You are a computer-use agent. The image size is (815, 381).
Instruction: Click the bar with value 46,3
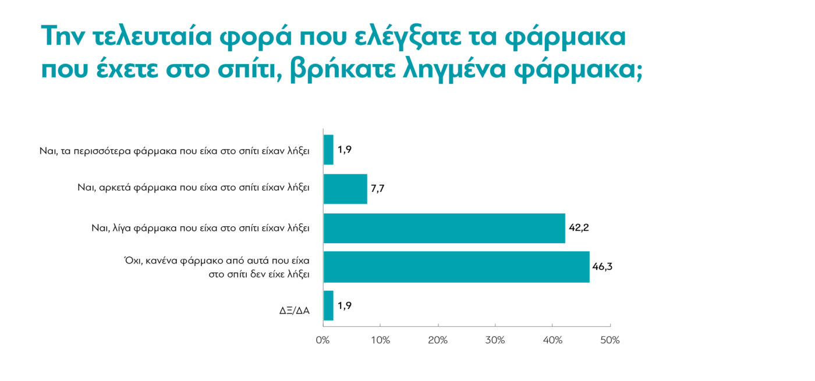456,267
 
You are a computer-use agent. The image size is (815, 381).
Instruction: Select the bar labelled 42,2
444,228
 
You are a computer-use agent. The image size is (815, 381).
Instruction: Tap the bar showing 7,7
345,189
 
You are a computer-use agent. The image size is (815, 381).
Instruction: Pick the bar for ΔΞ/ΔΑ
328,305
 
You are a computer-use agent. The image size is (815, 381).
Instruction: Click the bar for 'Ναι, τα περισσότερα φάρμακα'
328,150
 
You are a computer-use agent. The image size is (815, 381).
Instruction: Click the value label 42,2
580,228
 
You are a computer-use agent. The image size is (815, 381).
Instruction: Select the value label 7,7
377,189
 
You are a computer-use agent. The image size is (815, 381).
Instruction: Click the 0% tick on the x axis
323,340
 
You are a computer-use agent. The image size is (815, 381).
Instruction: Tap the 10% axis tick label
380,340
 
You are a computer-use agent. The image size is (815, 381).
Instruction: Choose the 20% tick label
438,340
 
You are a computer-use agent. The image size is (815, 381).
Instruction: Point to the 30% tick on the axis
495,340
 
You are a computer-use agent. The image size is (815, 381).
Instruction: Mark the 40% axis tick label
552,340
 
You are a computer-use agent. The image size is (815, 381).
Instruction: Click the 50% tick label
610,340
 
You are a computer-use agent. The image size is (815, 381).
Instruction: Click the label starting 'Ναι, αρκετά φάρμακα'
193,188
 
